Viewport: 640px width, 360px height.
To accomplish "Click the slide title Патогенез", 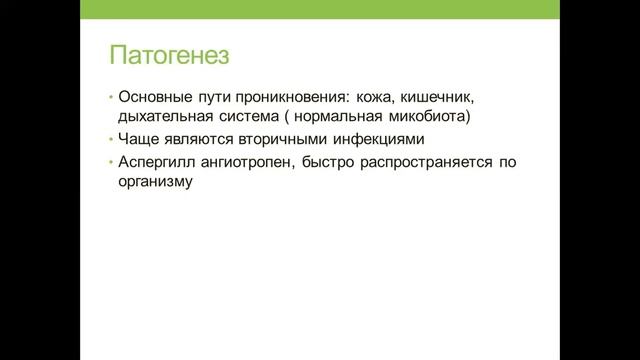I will point(169,53).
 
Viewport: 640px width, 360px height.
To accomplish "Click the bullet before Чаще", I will point(112,141).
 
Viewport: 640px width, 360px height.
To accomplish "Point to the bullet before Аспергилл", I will point(112,164).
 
